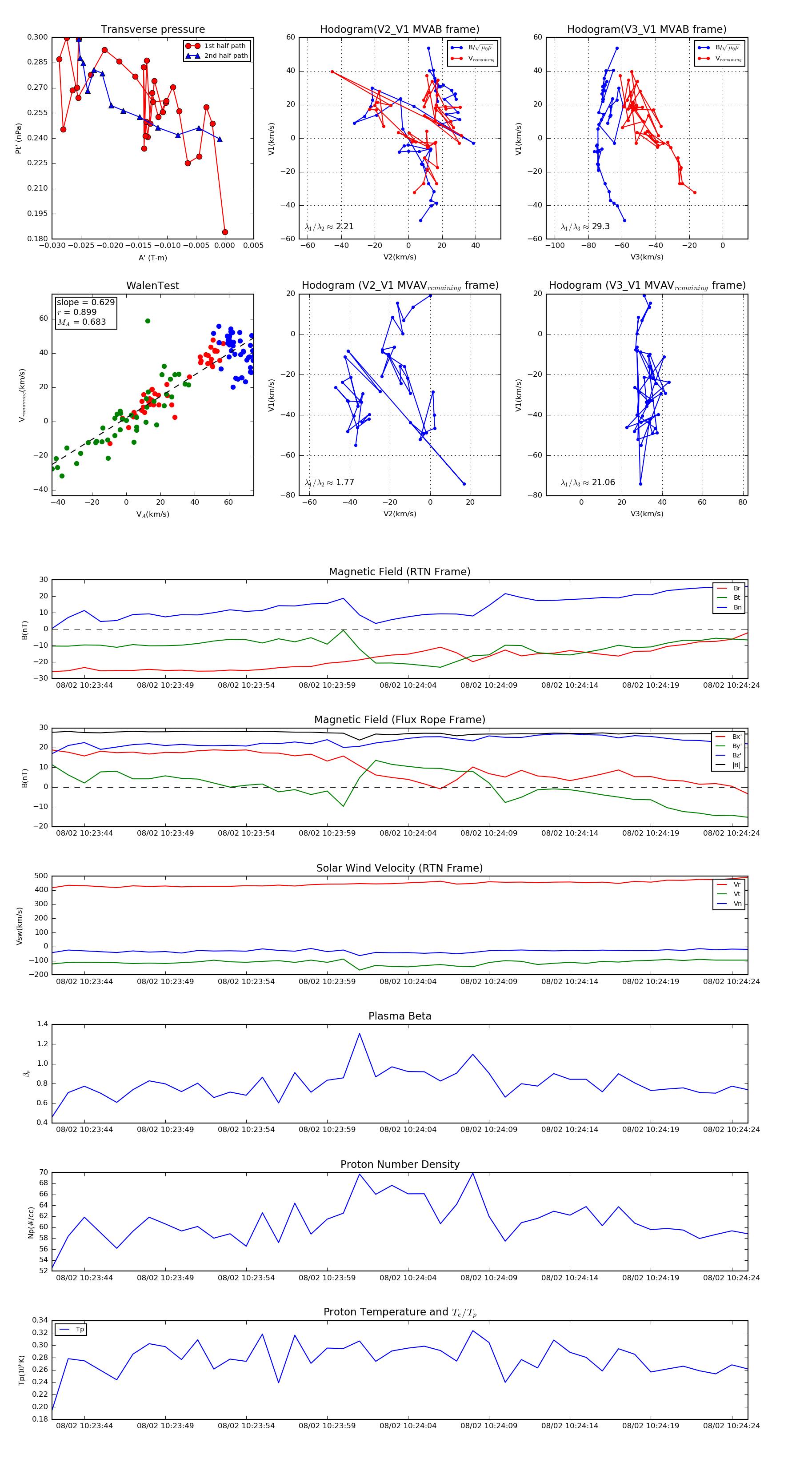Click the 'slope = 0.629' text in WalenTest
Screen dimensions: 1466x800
[x=85, y=302]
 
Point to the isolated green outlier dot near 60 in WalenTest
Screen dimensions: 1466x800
[x=148, y=321]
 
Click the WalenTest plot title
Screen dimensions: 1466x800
[x=152, y=286]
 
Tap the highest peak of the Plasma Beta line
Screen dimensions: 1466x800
[x=359, y=1033]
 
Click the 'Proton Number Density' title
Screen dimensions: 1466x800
[x=400, y=1164]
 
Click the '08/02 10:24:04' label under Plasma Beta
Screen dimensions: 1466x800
[x=408, y=1129]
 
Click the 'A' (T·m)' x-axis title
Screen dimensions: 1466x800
[x=152, y=258]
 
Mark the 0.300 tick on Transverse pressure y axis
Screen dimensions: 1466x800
[x=38, y=37]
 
